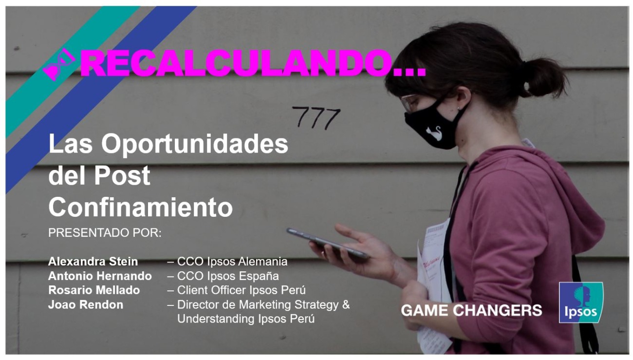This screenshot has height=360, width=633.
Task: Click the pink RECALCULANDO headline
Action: pyautogui.click(x=253, y=63)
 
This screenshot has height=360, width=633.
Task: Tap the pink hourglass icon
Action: pyautogui.click(x=59, y=65)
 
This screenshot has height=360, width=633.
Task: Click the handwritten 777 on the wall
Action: pyautogui.click(x=316, y=117)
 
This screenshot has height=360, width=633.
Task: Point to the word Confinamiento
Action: pyautogui.click(x=140, y=207)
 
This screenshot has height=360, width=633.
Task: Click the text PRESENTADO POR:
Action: pyautogui.click(x=105, y=233)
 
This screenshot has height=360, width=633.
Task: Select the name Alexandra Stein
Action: pyautogui.click(x=93, y=262)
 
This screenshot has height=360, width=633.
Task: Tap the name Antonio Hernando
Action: pyautogui.click(x=100, y=276)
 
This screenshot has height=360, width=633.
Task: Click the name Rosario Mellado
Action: pyautogui.click(x=94, y=290)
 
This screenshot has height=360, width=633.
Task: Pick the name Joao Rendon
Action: pyautogui.click(x=86, y=305)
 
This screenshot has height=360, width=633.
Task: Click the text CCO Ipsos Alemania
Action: pyautogui.click(x=232, y=262)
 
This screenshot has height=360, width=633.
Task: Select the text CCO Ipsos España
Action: pyautogui.click(x=228, y=276)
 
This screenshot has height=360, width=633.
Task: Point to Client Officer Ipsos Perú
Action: pyautogui.click(x=241, y=290)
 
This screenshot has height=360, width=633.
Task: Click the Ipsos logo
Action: pyautogui.click(x=581, y=303)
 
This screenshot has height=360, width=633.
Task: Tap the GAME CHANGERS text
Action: pyautogui.click(x=471, y=310)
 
